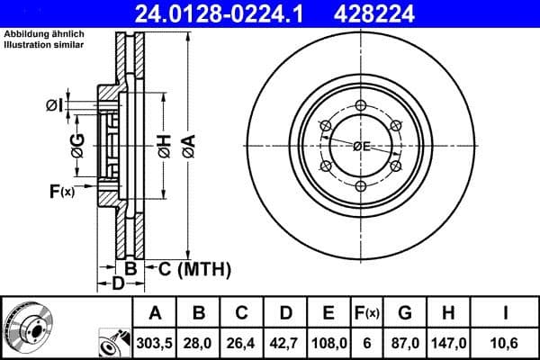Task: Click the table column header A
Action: [x=156, y=314]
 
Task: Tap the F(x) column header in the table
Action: [x=366, y=314]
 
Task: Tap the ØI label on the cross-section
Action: [x=54, y=106]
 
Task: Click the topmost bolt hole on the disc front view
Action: [x=361, y=106]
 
